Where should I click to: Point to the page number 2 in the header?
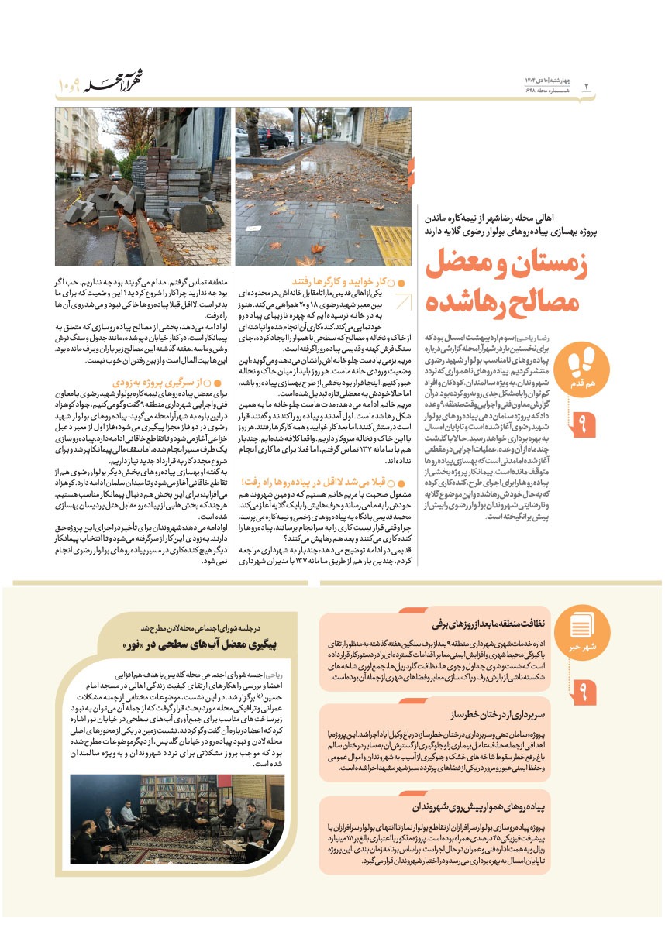click(586, 84)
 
